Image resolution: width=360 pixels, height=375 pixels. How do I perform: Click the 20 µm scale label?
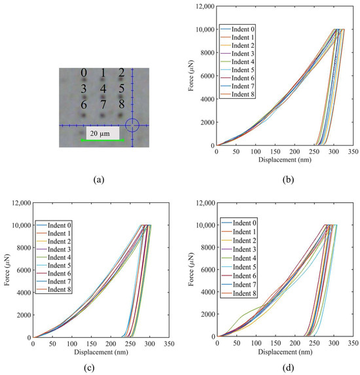99,132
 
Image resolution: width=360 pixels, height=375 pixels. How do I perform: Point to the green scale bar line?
102,140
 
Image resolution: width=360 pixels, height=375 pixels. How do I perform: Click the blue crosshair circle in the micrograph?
132,124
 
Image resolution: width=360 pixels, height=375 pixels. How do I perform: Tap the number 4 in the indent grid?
103,88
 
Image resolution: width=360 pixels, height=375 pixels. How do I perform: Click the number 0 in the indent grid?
84,73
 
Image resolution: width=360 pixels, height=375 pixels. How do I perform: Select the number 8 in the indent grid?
121,105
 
